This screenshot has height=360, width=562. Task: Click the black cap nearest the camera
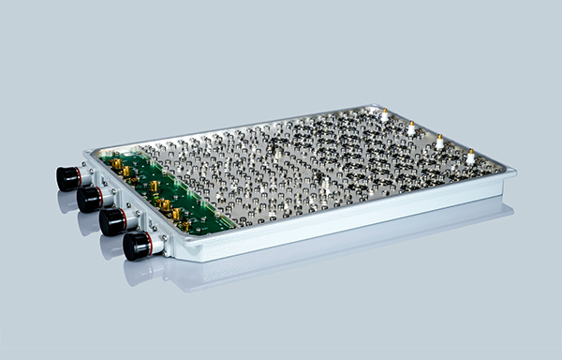pos(136,247)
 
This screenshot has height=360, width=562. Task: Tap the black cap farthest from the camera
pos(67,178)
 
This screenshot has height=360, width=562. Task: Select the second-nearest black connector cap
pos(112,222)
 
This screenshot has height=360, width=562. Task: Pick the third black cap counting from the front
pos(89,199)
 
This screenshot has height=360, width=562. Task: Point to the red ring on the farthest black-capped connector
pos(80,175)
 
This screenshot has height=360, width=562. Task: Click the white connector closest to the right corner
pos(470,157)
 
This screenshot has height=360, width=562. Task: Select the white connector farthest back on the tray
pos(384,115)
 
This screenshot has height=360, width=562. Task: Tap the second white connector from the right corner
pos(439,142)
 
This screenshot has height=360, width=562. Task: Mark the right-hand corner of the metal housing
pos(513,174)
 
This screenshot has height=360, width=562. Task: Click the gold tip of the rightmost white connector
pos(470,149)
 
